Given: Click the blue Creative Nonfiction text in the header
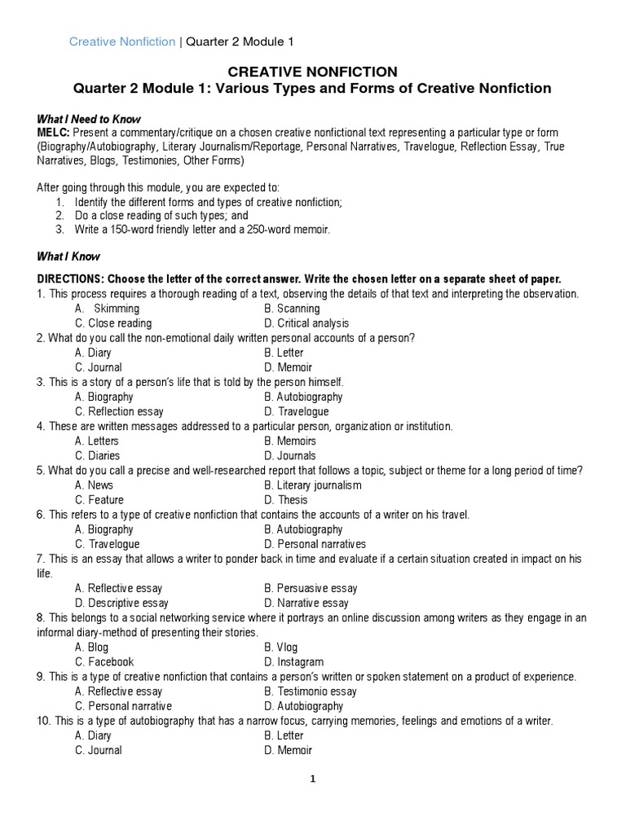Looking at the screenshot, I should tap(121, 42).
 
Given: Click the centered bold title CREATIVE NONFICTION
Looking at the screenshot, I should tap(312, 72).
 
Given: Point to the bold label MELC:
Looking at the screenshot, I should tap(54, 132).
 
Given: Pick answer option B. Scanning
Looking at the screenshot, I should tap(292, 309).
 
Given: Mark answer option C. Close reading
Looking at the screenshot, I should tap(113, 323).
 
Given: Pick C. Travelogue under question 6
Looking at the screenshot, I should tap(107, 544).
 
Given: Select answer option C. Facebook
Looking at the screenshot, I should tap(104, 662).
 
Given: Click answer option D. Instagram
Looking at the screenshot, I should tap(293, 662).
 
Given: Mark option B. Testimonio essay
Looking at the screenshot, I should tap(311, 691).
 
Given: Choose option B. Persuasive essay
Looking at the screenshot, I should tap(311, 588).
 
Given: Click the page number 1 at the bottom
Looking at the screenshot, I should tap(312, 779).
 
